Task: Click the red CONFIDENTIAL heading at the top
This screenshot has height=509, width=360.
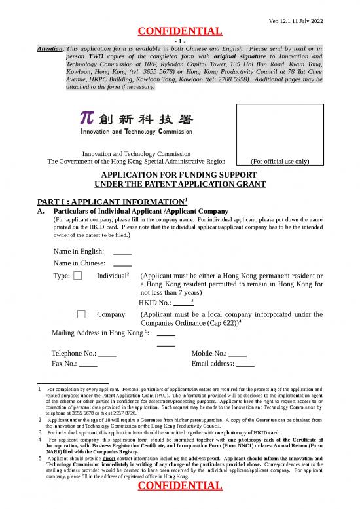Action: pyautogui.click(x=179, y=31)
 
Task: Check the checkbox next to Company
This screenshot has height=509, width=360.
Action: pyautogui.click(x=81, y=314)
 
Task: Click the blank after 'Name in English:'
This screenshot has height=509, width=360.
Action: pyautogui.click(x=122, y=252)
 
